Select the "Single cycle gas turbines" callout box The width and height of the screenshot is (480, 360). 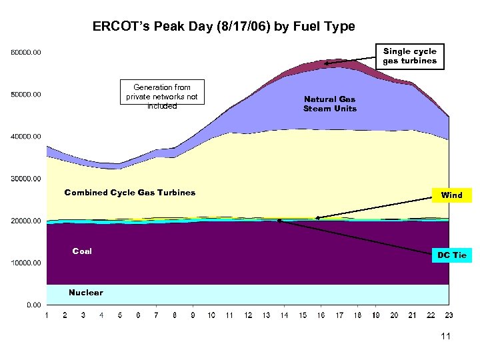pyautogui.click(x=409, y=56)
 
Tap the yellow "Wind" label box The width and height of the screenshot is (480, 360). pyautogui.click(x=451, y=195)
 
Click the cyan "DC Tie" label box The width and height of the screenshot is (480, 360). pyautogui.click(x=451, y=255)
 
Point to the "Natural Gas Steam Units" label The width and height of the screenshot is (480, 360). pyautogui.click(x=329, y=104)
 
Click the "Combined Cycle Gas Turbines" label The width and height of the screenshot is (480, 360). pyautogui.click(x=130, y=193)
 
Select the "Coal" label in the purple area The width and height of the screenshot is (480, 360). pyautogui.click(x=82, y=251)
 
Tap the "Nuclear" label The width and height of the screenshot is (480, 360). pyautogui.click(x=86, y=293)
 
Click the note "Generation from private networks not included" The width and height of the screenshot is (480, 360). pyautogui.click(x=162, y=97)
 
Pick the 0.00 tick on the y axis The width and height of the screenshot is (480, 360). pyautogui.click(x=33, y=305)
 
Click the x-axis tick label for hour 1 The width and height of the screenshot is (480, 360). pyautogui.click(x=46, y=315)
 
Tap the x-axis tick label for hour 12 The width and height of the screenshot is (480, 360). pyautogui.click(x=248, y=315)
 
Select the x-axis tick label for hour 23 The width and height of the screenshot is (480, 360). pyautogui.click(x=449, y=315)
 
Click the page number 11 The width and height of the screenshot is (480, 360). pyautogui.click(x=445, y=336)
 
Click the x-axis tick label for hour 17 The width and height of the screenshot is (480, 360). pyautogui.click(x=339, y=315)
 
